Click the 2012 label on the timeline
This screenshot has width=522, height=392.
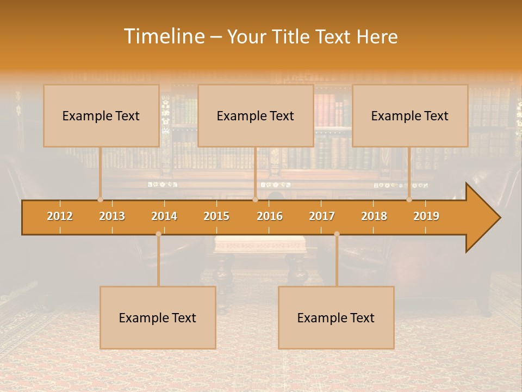[x=60, y=216]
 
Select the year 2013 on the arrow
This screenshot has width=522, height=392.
[x=112, y=216]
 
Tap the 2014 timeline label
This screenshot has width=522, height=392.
[x=164, y=216]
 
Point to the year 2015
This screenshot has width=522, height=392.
[x=216, y=216]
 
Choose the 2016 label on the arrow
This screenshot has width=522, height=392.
[x=270, y=216]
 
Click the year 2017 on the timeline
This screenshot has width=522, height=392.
[x=322, y=216]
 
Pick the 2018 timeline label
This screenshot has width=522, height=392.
[x=374, y=216]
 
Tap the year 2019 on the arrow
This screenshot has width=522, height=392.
[x=426, y=216]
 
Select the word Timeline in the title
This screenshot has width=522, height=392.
[x=163, y=36]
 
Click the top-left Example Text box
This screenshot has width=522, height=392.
[x=101, y=115]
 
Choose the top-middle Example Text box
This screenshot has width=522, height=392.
[x=256, y=115]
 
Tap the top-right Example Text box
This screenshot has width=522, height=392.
[x=410, y=115]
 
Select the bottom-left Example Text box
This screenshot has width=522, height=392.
[x=158, y=317]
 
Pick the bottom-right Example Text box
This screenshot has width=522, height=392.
[x=336, y=317]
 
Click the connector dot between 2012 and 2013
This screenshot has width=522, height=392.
[x=101, y=200]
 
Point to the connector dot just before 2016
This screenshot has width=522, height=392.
[x=255, y=200]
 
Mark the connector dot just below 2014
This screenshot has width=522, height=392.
[x=158, y=234]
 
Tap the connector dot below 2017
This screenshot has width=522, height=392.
[x=337, y=234]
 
